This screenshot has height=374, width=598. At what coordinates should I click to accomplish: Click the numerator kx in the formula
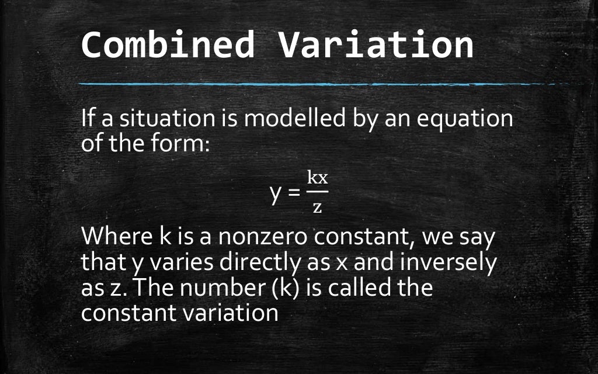point(317,178)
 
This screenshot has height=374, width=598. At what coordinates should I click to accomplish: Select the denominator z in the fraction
point(317,206)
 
